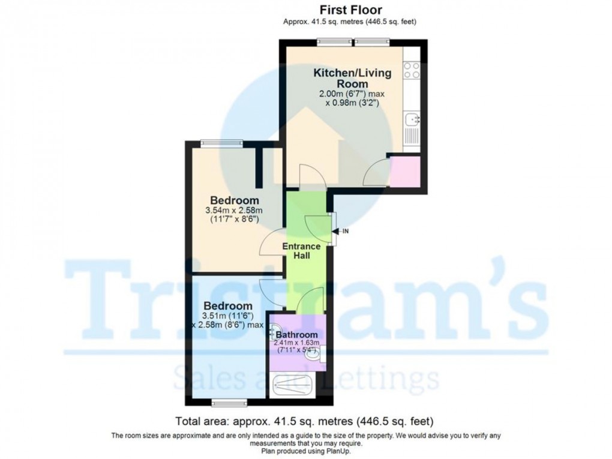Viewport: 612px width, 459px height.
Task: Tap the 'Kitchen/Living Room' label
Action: click(352, 78)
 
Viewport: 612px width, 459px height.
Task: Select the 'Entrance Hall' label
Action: click(301, 251)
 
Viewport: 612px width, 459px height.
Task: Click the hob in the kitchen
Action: click(412, 71)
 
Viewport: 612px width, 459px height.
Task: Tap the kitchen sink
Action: click(412, 120)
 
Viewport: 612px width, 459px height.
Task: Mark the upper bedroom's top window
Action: click(222, 143)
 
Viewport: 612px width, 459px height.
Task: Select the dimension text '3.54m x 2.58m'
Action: click(234, 211)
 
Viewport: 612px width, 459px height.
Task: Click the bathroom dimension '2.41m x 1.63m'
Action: click(297, 343)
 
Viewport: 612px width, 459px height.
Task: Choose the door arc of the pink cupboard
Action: click(377, 173)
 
